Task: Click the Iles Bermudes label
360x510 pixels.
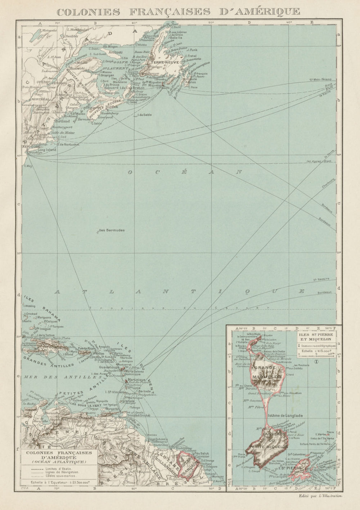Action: [x=112, y=230]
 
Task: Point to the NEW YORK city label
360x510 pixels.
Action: [x=31, y=147]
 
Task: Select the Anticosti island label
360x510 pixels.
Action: [x=116, y=52]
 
